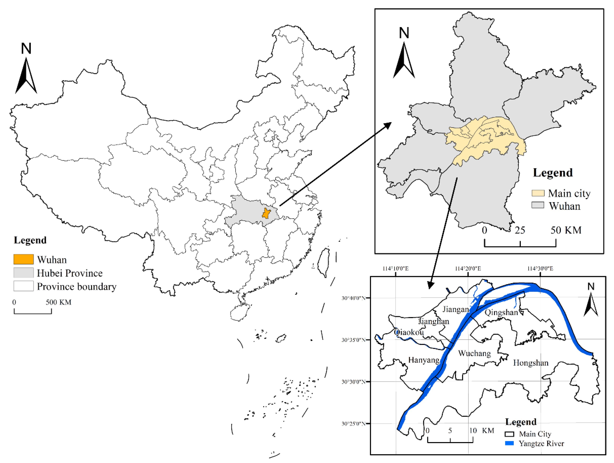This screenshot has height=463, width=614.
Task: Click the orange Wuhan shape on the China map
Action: tap(266, 213)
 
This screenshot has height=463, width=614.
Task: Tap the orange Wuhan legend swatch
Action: tap(24, 259)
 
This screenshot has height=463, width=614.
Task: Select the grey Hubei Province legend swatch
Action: tap(24, 273)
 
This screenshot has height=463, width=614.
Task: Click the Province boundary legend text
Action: tap(77, 286)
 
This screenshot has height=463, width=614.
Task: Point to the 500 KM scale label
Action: tap(59, 302)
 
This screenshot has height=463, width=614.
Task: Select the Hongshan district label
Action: tap(531, 363)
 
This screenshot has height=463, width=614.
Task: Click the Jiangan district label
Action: tap(455, 309)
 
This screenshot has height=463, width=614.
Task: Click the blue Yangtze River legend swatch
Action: tap(509, 443)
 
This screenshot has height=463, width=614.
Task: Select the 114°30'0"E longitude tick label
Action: tap(540, 268)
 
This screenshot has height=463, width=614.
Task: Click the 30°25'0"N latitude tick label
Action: tap(353, 424)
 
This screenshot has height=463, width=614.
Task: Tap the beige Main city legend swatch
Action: tap(538, 193)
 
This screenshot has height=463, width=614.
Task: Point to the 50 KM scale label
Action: tap(566, 230)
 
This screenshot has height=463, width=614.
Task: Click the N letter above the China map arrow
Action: tap(26, 49)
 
